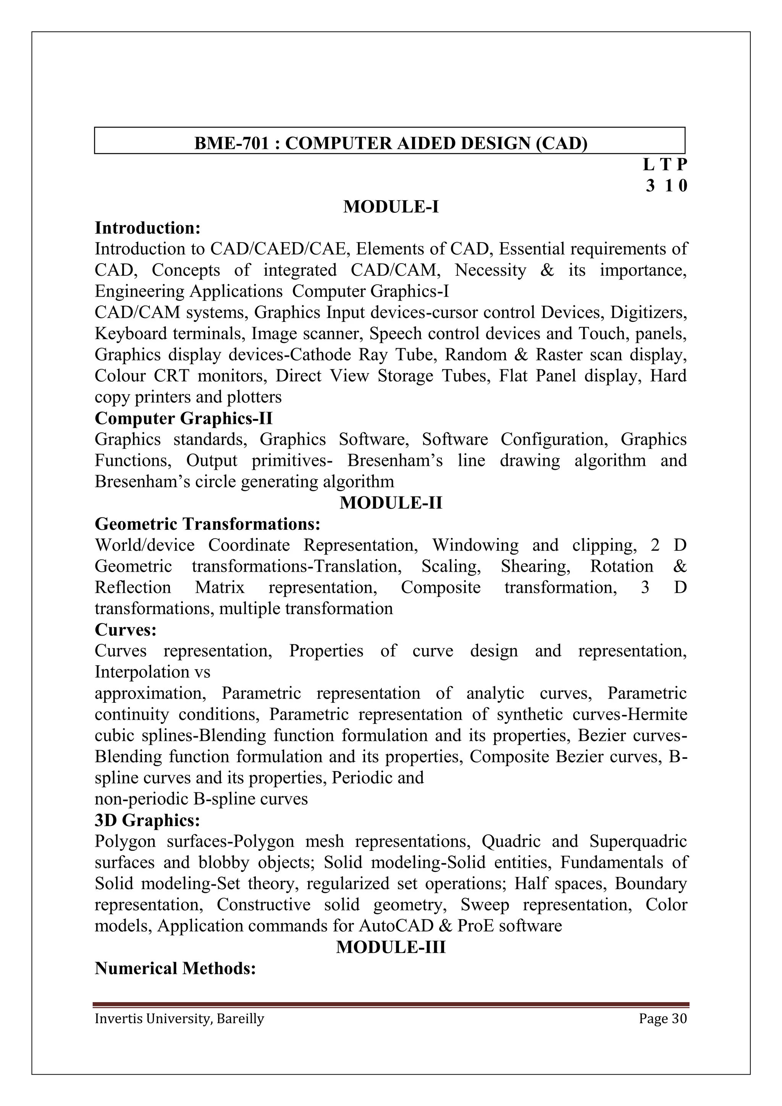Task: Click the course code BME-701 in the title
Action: [231, 144]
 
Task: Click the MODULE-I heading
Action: [391, 207]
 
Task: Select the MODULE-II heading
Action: [391, 503]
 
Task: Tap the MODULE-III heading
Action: [391, 947]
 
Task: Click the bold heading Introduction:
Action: [147, 228]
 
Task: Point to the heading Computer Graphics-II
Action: [183, 418]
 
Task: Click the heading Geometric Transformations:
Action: [208, 524]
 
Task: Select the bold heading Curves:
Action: [126, 630]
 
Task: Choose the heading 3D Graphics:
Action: [147, 820]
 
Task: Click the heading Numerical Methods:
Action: [175, 968]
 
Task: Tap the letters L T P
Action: [665, 165]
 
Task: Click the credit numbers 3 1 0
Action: [666, 186]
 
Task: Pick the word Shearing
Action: [535, 566]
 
